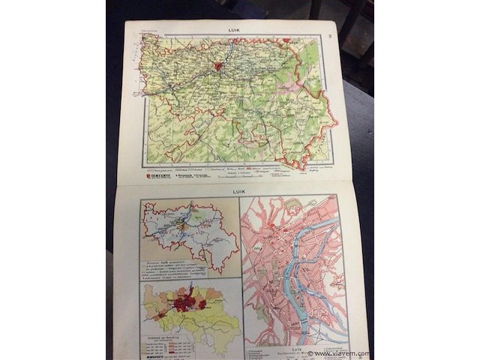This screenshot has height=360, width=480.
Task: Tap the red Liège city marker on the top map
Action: (x=218, y=66)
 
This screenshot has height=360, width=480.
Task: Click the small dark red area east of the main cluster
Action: (x=202, y=304)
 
